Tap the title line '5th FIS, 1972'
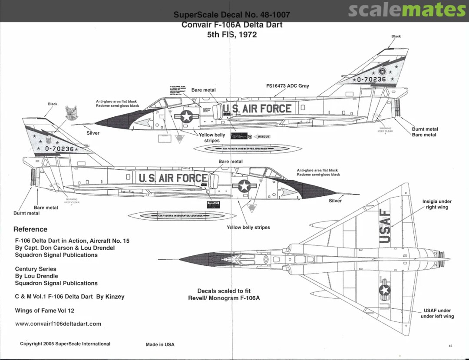pyautogui.click(x=232, y=34)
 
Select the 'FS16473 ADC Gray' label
pyautogui.click(x=287, y=86)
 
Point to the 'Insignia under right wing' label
pyautogui.click(x=437, y=204)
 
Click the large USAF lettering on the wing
pyautogui.click(x=385, y=226)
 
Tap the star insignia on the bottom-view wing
pyautogui.click(x=384, y=291)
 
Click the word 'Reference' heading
pyautogui.click(x=30, y=229)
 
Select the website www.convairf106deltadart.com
pyautogui.click(x=58, y=324)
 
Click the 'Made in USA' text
pyautogui.click(x=160, y=344)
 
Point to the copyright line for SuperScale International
pyautogui.click(x=65, y=344)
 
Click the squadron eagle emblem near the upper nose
pyautogui.click(x=72, y=113)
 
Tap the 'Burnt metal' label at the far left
pyautogui.click(x=26, y=213)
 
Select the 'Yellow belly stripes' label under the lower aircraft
pyautogui.click(x=248, y=228)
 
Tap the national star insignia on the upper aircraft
pyautogui.click(x=187, y=116)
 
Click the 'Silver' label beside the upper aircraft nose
pyautogui.click(x=93, y=133)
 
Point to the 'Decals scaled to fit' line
pyautogui.click(x=224, y=291)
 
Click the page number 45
pyautogui.click(x=450, y=346)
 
